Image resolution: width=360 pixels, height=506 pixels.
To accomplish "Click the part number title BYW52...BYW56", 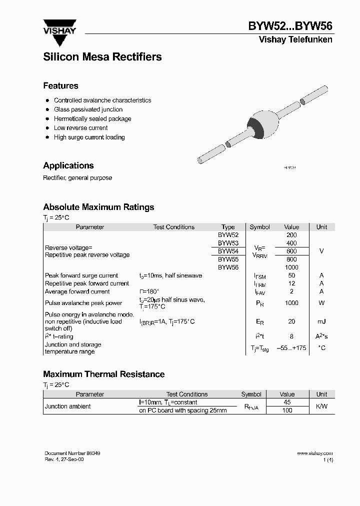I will [x=290, y=26].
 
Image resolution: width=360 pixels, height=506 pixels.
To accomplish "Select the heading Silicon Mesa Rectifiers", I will [x=102, y=57].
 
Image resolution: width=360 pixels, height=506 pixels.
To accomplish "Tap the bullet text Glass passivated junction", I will [x=88, y=109].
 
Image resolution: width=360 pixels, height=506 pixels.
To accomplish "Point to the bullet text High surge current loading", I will [x=89, y=137].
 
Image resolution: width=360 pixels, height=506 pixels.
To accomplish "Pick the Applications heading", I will [x=68, y=165].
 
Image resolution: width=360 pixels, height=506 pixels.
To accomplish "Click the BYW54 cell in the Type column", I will [x=228, y=251].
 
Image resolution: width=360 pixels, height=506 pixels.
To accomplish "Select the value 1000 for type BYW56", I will [x=291, y=267].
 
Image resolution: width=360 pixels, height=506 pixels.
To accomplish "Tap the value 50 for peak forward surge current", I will [x=291, y=275].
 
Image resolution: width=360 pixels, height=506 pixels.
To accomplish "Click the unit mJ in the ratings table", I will [x=321, y=321].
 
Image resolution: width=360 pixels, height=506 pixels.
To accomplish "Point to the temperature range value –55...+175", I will [x=291, y=347].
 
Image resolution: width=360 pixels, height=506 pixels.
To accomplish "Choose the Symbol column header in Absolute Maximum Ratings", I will [x=259, y=227].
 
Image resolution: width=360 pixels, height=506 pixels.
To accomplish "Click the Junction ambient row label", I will [x=68, y=406].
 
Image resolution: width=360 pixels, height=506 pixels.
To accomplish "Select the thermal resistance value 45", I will [x=287, y=402].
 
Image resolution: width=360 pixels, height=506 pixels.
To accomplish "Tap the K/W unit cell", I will [x=321, y=406].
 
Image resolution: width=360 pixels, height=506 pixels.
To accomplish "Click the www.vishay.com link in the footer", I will [x=314, y=453].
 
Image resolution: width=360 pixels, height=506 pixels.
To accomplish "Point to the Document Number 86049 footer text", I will [x=72, y=453].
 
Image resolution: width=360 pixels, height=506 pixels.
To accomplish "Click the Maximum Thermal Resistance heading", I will [x=103, y=374].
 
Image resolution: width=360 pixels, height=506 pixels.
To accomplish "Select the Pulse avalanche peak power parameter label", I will [x=83, y=303].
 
